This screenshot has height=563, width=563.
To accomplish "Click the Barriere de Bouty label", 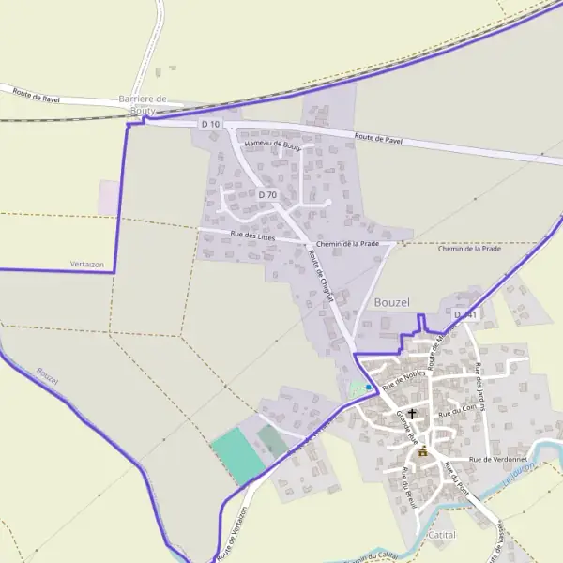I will [x=142, y=104].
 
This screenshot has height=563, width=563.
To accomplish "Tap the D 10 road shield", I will [x=210, y=124].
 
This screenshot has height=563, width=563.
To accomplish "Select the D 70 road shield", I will [x=267, y=195].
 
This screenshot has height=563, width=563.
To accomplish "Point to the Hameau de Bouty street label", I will [x=272, y=145].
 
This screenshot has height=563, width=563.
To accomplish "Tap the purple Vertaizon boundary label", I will [x=86, y=265].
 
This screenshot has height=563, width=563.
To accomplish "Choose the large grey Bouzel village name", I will [x=392, y=302].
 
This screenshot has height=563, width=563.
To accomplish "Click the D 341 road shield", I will [x=465, y=315].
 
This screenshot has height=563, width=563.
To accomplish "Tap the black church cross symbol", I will [x=411, y=413].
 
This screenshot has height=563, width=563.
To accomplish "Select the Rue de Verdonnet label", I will [x=499, y=459].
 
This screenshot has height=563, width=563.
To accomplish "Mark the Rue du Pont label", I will [x=457, y=479].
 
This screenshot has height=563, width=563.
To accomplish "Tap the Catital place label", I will [x=440, y=535].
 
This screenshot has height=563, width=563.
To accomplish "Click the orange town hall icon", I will [x=423, y=452].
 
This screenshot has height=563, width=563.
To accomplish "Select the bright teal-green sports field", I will [x=237, y=456].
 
